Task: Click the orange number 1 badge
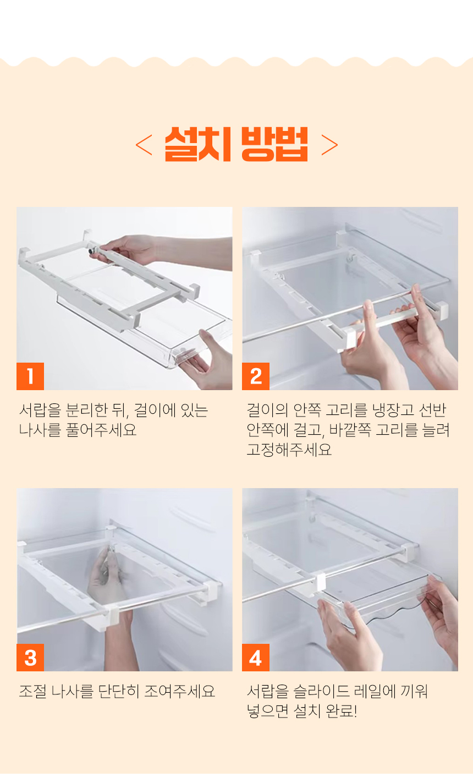pyautogui.click(x=30, y=376)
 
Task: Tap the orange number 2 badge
pyautogui.click(x=256, y=376)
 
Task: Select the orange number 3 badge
pyautogui.click(x=30, y=658)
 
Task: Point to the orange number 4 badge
pyautogui.click(x=256, y=658)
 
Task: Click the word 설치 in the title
pyautogui.click(x=197, y=144)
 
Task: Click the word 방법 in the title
pyautogui.click(x=274, y=144)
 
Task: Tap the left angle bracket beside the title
pyautogui.click(x=144, y=145)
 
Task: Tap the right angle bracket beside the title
pyautogui.click(x=330, y=145)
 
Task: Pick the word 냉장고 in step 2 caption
pyautogui.click(x=393, y=411)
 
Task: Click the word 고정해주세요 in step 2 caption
pyautogui.click(x=289, y=450)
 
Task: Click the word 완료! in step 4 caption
pyautogui.click(x=342, y=711)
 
